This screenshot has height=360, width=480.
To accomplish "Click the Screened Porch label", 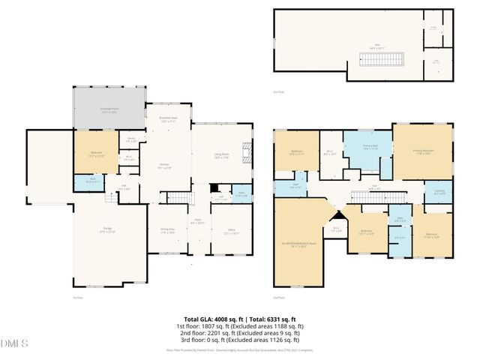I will (x=110, y=109).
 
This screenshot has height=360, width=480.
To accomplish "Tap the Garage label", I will (x=108, y=229).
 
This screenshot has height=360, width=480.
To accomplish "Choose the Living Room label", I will (x=220, y=156).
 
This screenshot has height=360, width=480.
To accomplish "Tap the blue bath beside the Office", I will (x=241, y=193).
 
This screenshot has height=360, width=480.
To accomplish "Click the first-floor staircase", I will (x=178, y=197).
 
